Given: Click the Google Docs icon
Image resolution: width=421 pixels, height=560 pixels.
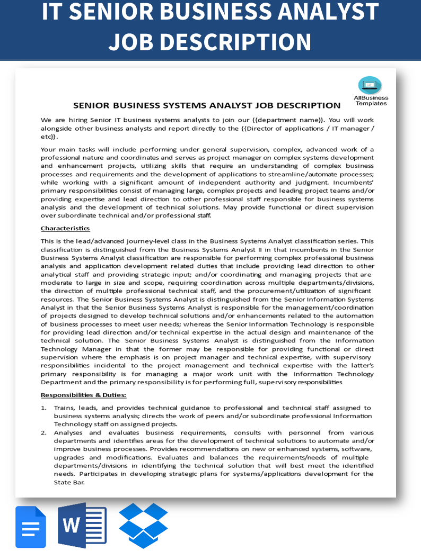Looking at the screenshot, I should tap(31, 527).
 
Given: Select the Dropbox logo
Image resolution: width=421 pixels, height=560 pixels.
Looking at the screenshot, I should tap(143, 526).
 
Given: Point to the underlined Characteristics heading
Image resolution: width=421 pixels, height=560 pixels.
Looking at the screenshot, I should tap(65, 229).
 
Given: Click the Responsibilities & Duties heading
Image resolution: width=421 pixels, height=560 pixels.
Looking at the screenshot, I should tap(83, 395).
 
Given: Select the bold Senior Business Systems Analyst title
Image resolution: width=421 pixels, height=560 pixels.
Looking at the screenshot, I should tap(207, 105).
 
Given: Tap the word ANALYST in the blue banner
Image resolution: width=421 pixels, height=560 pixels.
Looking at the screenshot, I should tap(324, 13).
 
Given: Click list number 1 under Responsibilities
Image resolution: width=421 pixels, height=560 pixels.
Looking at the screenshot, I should tap(43, 408).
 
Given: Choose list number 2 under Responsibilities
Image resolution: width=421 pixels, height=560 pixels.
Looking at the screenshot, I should tap(43, 432).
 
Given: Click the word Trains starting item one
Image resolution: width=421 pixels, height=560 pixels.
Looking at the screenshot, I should tap(64, 408).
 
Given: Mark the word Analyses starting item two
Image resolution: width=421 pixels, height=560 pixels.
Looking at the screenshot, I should tap(68, 432).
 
